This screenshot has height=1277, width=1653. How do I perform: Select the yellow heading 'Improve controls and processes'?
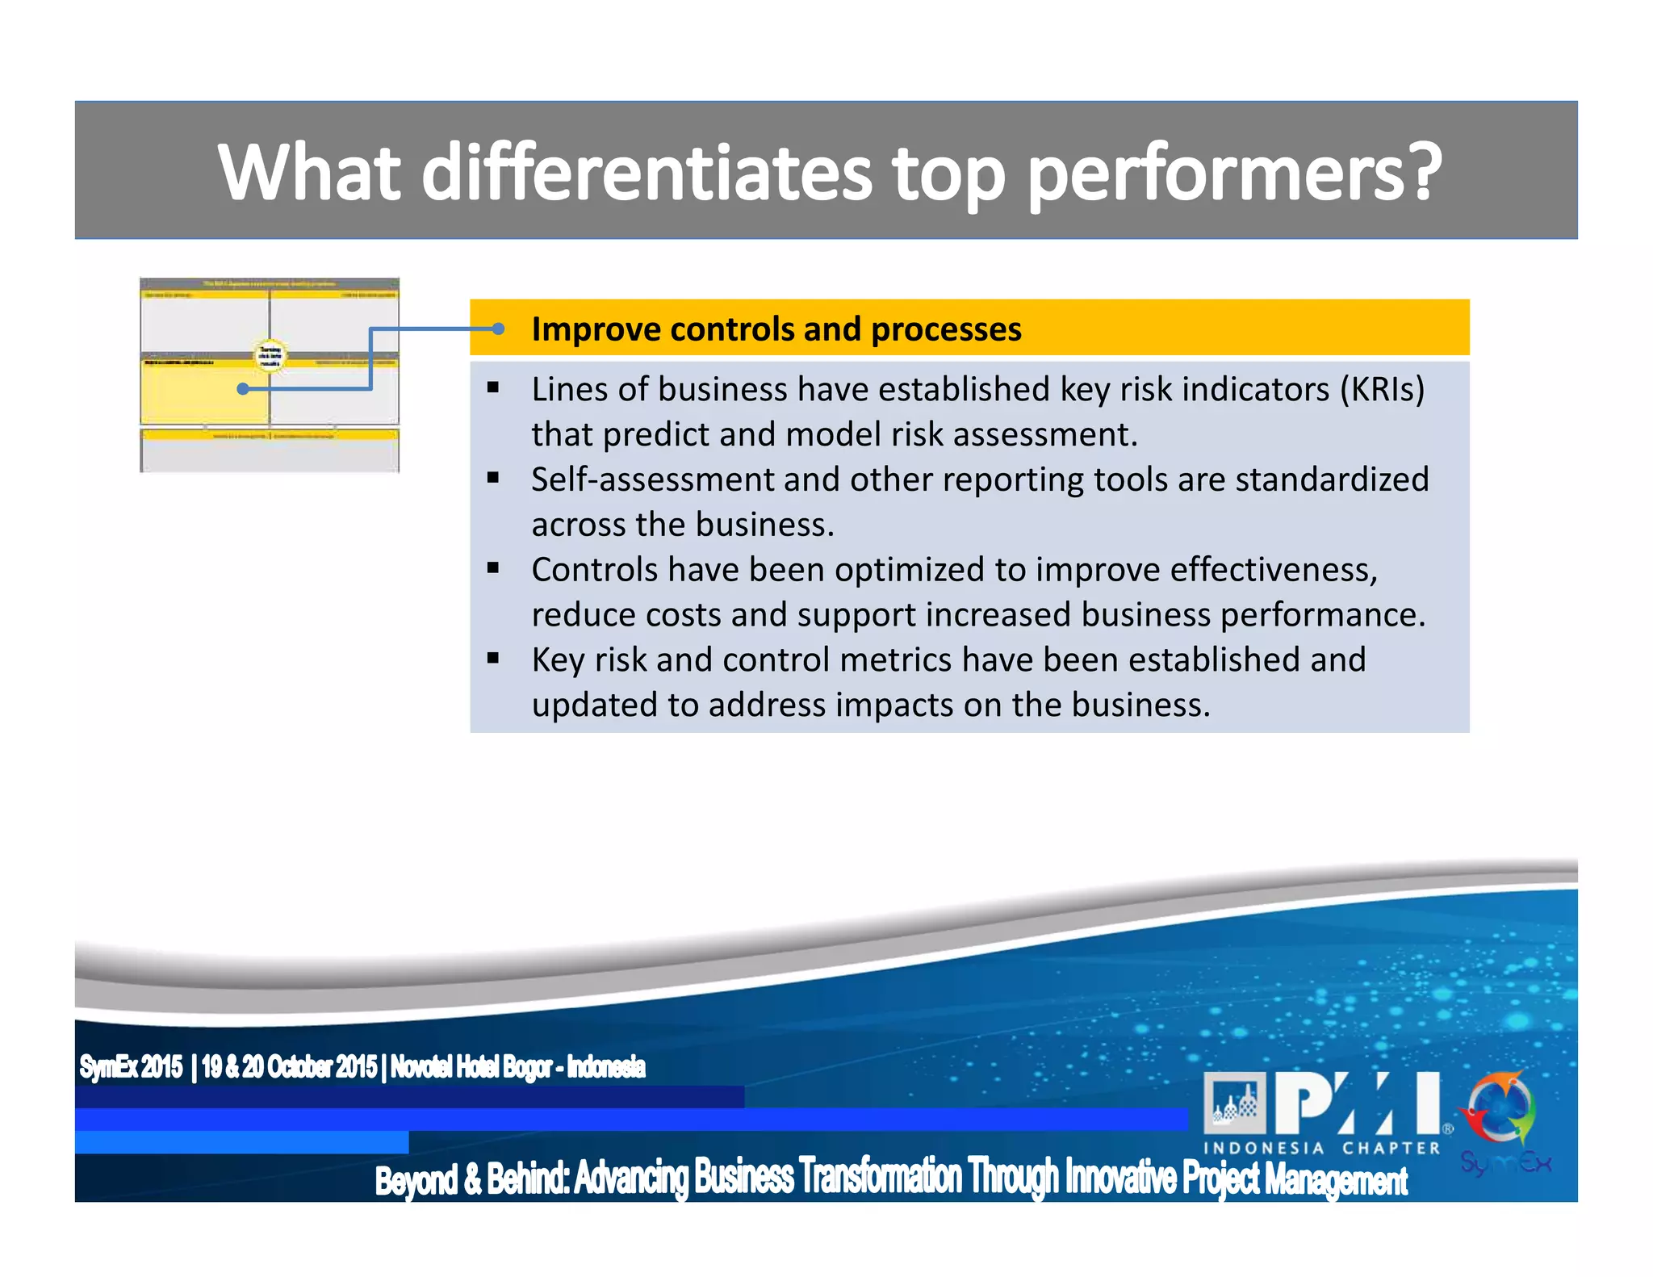(x=776, y=329)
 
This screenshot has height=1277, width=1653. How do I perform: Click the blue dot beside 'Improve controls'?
(x=498, y=329)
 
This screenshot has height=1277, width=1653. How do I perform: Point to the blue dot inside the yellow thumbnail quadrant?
(x=242, y=389)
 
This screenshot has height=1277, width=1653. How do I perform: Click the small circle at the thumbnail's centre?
(x=270, y=355)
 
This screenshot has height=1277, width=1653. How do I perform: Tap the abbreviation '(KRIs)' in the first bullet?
(x=1382, y=390)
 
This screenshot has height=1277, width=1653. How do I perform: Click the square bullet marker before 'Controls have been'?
(x=493, y=568)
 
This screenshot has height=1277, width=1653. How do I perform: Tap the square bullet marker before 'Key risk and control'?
(x=493, y=659)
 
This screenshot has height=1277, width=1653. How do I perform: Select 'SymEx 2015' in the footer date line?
(x=131, y=1067)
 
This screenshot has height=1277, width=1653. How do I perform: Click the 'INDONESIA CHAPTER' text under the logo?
(x=1321, y=1148)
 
